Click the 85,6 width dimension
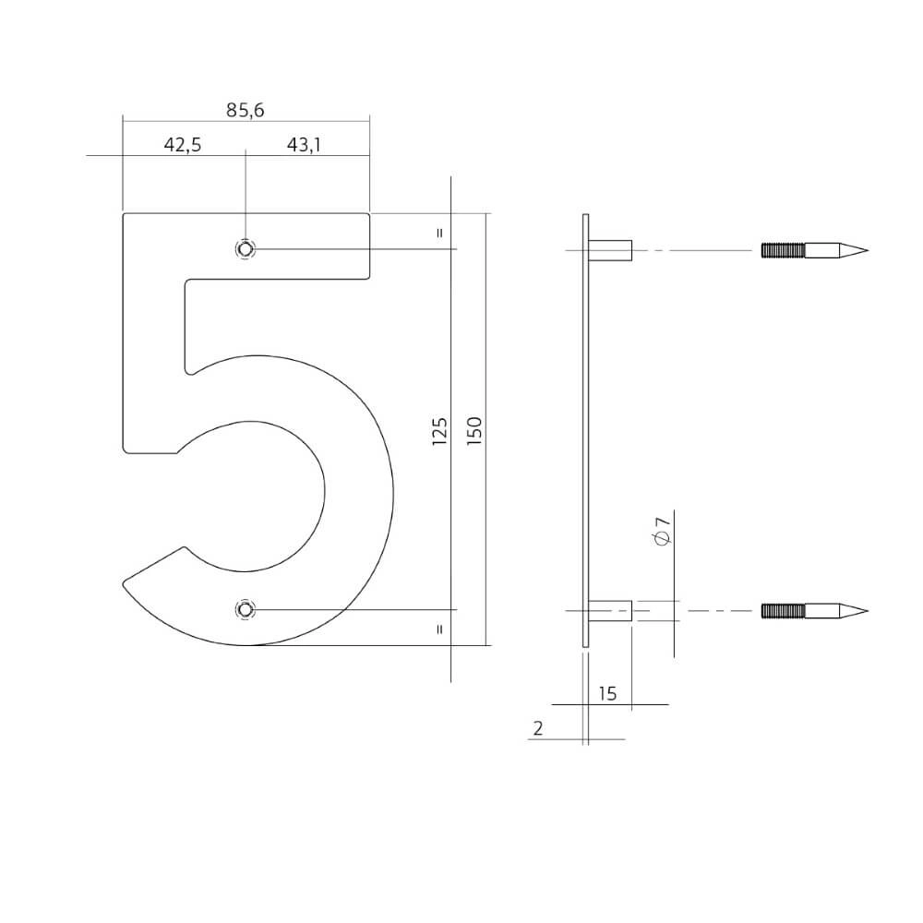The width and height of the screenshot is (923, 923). (x=246, y=110)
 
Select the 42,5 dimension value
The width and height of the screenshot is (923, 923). (x=183, y=145)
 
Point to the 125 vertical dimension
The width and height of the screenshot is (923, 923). (x=440, y=431)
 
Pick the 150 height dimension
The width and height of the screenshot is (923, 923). (x=474, y=431)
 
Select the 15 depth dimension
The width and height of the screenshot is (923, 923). (x=607, y=693)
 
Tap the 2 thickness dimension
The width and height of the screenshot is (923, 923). (x=537, y=728)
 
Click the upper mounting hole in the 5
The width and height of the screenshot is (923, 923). (x=246, y=248)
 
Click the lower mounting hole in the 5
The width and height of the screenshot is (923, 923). (x=246, y=609)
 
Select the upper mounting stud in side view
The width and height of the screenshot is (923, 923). (x=610, y=249)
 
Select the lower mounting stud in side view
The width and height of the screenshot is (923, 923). (x=610, y=610)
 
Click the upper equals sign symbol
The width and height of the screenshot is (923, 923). (x=439, y=233)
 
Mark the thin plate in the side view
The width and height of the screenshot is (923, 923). (x=585, y=430)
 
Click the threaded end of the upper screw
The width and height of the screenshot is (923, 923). (x=783, y=249)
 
